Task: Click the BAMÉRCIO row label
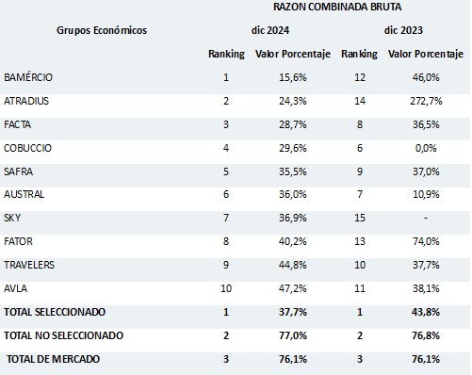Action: pos(28,76)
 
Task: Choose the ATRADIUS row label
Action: pos(27,100)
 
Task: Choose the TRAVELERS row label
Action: pos(29,265)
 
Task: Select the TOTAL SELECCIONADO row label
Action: pos(54,312)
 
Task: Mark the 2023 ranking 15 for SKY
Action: pos(359,218)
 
